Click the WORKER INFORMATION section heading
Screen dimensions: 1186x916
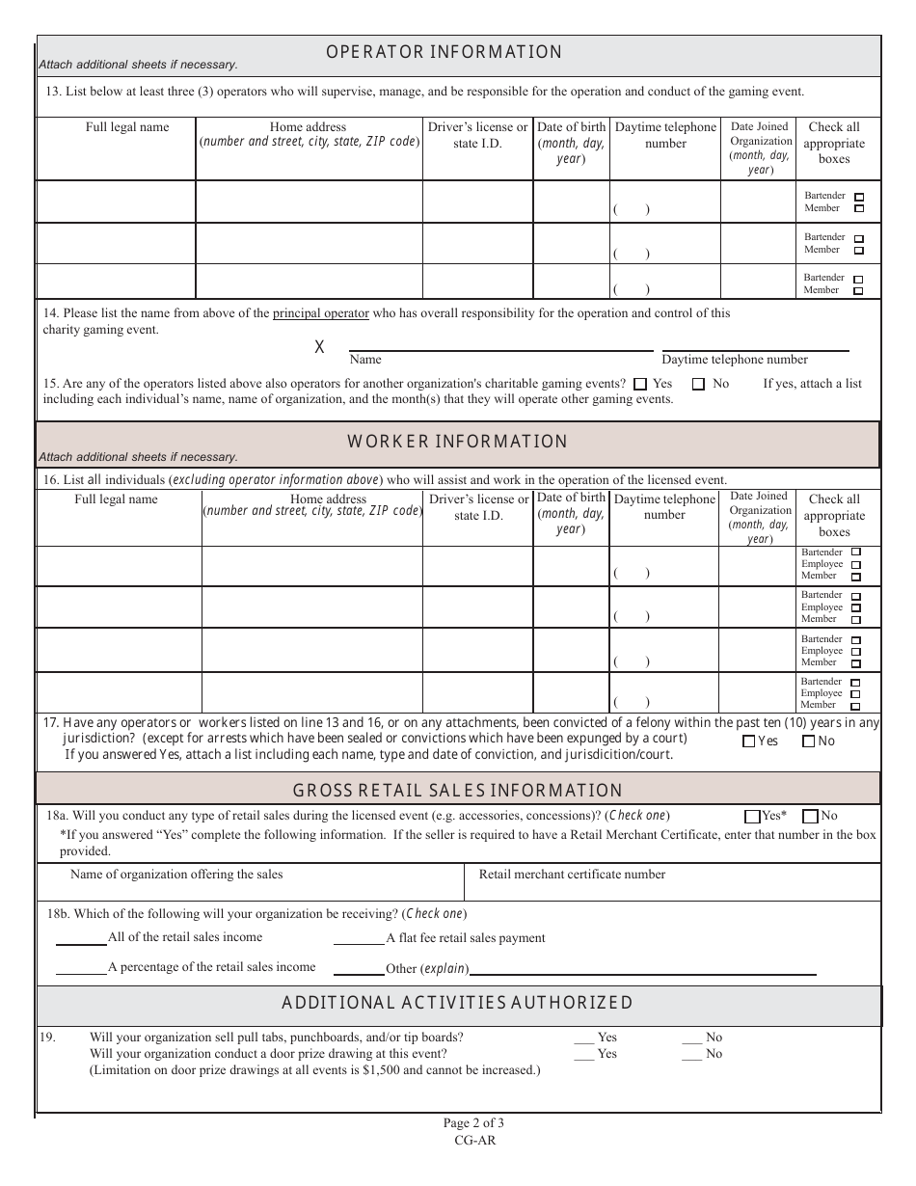point(457,442)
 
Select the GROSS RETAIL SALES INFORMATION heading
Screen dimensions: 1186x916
point(457,791)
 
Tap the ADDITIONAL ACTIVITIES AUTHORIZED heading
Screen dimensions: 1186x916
point(457,1003)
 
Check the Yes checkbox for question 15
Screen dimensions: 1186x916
point(640,384)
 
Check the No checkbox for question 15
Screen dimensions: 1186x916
point(698,384)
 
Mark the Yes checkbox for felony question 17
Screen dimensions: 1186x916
point(748,741)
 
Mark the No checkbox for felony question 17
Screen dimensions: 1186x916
point(808,741)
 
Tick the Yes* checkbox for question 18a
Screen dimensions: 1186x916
point(752,816)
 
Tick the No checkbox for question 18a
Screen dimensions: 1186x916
point(810,816)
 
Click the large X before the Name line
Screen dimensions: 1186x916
point(319,347)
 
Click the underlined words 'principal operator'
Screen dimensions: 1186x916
point(320,313)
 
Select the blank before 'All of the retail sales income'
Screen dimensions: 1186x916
point(81,938)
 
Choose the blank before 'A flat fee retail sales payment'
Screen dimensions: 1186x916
point(358,938)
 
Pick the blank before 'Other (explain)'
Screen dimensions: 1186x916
point(358,968)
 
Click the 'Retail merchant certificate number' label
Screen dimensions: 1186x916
point(572,875)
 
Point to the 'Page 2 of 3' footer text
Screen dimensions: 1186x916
point(473,1122)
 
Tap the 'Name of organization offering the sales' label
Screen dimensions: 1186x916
point(176,875)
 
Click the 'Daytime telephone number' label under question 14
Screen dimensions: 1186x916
point(735,360)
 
